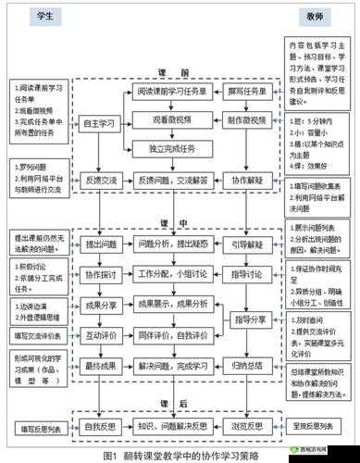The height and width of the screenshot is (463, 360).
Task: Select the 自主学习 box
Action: pyautogui.click(x=101, y=121)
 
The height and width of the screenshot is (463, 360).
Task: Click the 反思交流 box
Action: pyautogui.click(x=101, y=181)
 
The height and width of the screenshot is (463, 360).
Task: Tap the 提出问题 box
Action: pyautogui.click(x=101, y=244)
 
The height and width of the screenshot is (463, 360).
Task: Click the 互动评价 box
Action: pyautogui.click(x=101, y=334)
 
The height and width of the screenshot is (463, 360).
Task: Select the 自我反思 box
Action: pyautogui.click(x=101, y=429)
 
